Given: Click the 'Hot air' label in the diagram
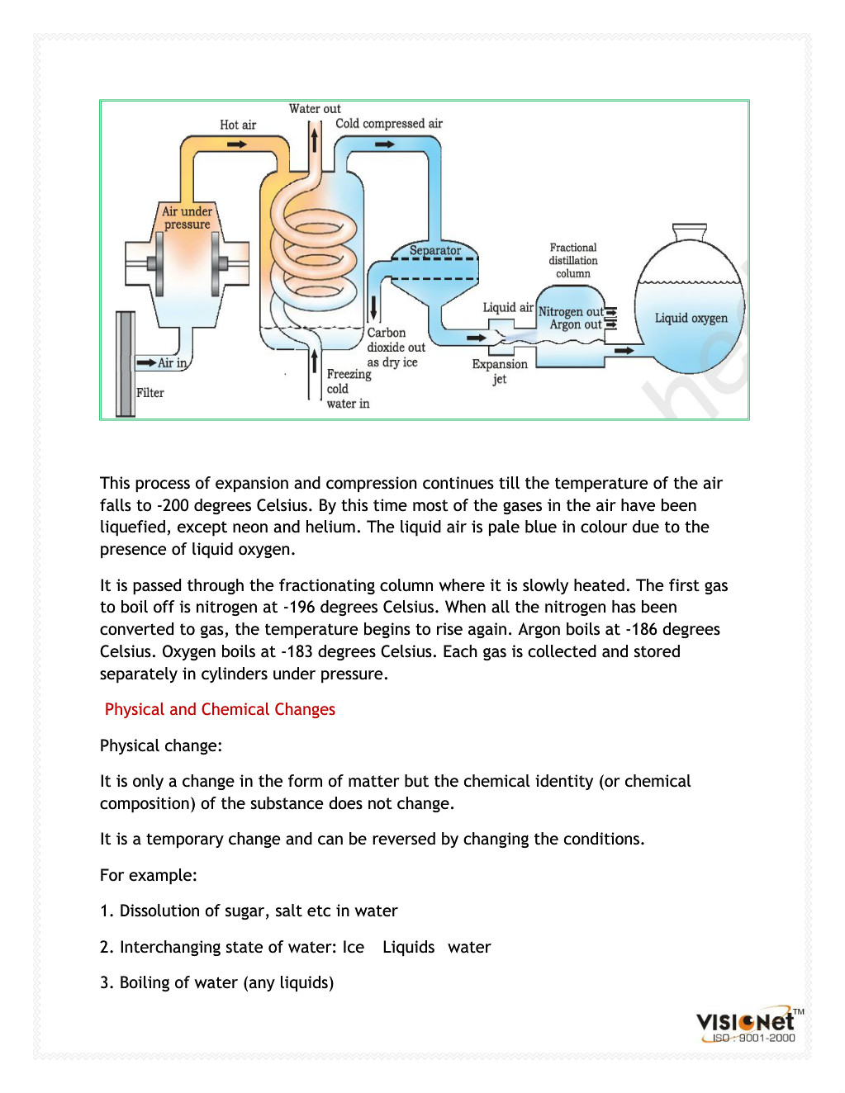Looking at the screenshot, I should click(238, 125).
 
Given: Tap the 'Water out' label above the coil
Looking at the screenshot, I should click(315, 109).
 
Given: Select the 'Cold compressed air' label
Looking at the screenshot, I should click(389, 124).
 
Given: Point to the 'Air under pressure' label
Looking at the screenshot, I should click(187, 218).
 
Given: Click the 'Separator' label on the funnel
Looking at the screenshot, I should click(435, 250).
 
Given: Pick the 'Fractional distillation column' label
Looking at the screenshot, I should click(573, 260).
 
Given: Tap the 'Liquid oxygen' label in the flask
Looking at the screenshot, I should click(691, 318).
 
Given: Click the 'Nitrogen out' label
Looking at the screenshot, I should click(571, 312).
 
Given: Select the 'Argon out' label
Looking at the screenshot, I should click(576, 325).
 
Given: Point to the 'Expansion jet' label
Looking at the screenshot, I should click(500, 371).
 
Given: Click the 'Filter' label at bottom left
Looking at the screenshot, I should click(150, 393).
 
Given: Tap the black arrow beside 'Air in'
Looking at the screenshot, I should click(146, 362).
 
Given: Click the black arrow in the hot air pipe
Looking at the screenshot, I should click(237, 144).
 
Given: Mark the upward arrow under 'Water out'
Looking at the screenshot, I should click(315, 138).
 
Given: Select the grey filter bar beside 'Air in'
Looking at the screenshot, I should click(126, 363).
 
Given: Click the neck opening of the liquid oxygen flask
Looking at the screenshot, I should click(690, 227).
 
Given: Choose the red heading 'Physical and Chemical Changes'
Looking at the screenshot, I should click(220, 709).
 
